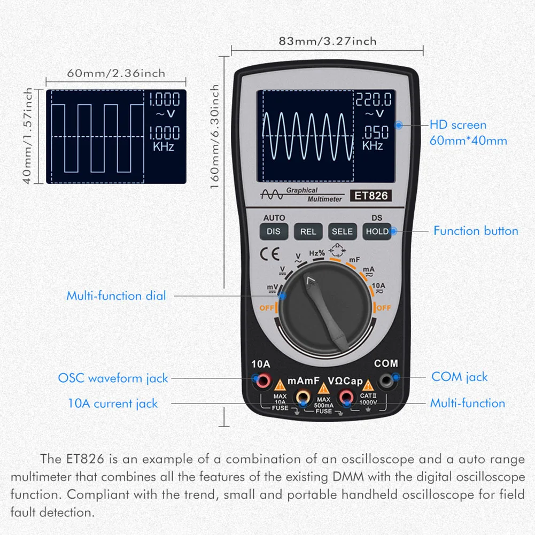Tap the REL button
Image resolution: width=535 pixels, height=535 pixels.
[308, 231]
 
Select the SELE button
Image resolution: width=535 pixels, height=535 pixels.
[342, 231]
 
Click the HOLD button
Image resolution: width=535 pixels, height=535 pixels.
[377, 231]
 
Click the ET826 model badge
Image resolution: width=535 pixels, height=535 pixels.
[369, 196]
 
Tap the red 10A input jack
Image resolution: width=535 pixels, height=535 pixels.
[263, 381]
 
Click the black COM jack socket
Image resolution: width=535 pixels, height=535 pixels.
[385, 381]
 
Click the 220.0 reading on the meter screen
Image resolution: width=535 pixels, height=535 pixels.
[374, 99]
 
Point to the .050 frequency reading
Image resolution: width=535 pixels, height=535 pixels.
[375, 132]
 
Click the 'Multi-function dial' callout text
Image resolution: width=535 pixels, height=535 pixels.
[116, 296]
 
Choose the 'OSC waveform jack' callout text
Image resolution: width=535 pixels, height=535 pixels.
[113, 378]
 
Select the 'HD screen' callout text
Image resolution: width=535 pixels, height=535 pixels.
[458, 125]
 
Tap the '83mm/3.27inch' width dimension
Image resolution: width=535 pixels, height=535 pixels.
[327, 41]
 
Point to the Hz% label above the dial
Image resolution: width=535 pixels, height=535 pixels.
[317, 253]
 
